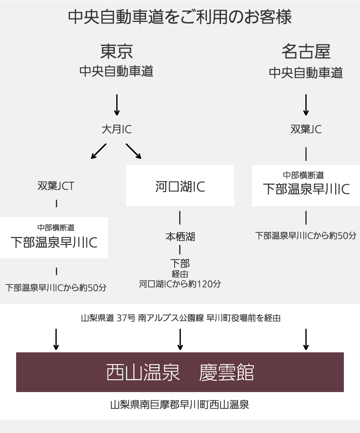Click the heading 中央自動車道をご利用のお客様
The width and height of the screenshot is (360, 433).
point(180,17)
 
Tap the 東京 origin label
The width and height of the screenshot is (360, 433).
point(116,52)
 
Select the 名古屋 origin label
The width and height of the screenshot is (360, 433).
point(306,52)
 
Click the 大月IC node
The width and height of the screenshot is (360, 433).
point(116,129)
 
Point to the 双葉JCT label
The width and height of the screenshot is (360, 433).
point(56,186)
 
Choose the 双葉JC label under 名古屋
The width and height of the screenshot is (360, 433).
point(306,129)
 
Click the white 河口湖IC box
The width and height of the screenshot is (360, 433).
point(180,186)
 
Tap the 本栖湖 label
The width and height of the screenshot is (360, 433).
point(180,237)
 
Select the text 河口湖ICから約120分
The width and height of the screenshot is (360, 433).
point(180,284)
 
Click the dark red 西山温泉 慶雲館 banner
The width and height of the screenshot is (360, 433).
point(180,372)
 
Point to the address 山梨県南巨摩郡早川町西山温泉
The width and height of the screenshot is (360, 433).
point(180,404)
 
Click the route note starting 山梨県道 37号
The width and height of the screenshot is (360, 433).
point(180,318)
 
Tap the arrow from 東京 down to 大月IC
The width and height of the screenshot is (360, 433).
point(117,105)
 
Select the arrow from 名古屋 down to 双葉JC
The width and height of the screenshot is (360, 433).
point(306,105)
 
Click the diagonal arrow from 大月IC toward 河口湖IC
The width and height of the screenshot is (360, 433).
point(133,151)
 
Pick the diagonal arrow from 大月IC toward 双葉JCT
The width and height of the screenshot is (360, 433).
point(99,151)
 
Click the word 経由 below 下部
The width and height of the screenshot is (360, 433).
point(180,274)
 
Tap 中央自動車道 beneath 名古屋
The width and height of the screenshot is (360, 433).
point(306,73)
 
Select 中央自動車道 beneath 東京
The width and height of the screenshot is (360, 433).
point(116,72)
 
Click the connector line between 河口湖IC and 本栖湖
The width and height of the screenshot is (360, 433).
point(180,218)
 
